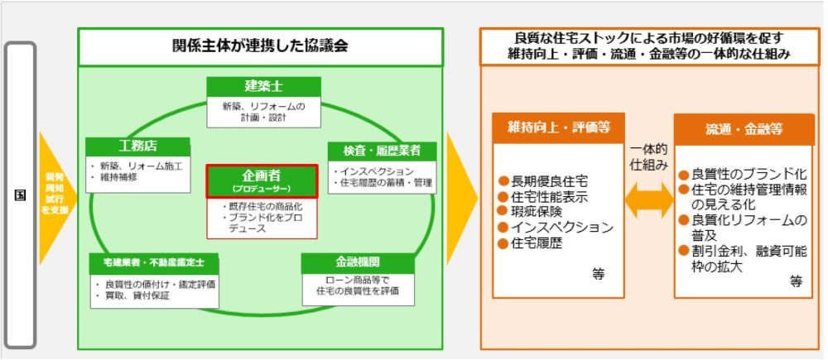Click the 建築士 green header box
(262, 87)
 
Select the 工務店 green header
(138, 146)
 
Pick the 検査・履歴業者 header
(381, 151)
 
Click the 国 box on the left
(20, 195)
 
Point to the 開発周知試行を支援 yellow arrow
(55, 195)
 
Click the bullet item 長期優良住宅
(546, 181)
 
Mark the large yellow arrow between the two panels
(462, 195)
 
